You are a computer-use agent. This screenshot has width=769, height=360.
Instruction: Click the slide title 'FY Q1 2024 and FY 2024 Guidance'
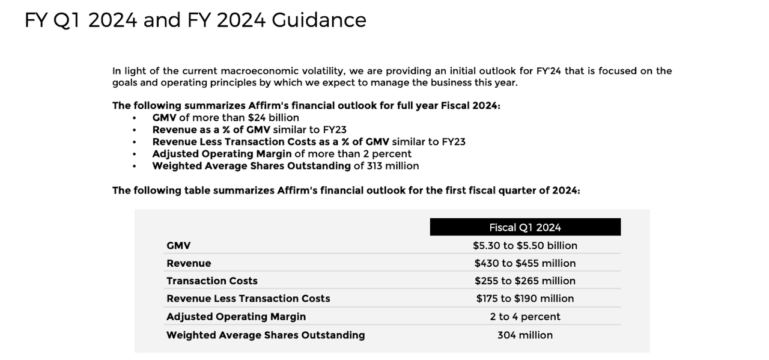(x=195, y=20)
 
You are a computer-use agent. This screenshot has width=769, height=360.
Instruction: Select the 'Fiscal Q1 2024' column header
(x=525, y=227)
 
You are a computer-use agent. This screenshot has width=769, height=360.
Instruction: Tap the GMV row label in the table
(x=178, y=245)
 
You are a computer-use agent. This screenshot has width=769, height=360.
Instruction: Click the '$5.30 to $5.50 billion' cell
(x=525, y=245)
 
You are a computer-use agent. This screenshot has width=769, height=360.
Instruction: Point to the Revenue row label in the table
(x=189, y=263)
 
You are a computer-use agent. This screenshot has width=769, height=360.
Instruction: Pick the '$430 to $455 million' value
(x=525, y=263)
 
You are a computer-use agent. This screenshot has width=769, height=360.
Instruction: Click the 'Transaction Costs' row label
(x=212, y=281)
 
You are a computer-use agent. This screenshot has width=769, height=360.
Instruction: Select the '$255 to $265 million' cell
(x=525, y=281)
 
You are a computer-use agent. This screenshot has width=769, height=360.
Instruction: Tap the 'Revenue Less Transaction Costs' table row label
(x=248, y=298)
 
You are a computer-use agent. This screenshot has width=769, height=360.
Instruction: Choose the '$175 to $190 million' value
(x=525, y=298)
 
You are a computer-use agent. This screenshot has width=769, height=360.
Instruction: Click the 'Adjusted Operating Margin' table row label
(x=236, y=317)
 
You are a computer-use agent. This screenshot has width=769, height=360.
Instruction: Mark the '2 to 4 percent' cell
(x=525, y=317)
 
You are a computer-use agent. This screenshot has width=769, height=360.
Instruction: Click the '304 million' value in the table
(x=525, y=335)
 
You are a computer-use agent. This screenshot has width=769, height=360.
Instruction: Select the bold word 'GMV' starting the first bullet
(x=164, y=118)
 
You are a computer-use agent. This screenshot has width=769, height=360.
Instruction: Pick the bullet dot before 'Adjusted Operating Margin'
(x=134, y=154)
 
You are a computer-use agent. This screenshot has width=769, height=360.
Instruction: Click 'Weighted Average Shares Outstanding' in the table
(x=266, y=335)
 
